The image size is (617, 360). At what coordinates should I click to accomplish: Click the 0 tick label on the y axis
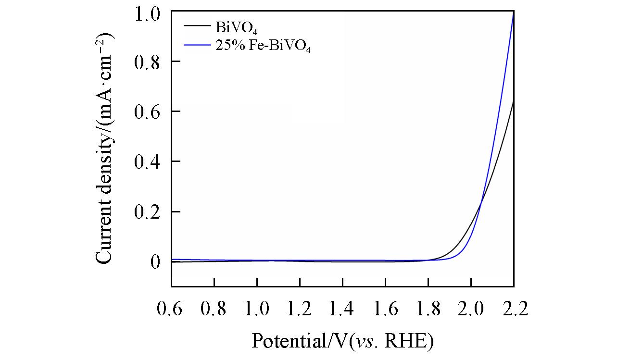click(155, 262)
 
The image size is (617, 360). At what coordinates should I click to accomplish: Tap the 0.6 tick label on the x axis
click(171, 309)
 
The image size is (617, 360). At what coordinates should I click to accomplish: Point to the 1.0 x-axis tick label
click(257, 309)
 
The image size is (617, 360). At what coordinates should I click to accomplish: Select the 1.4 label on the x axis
click(342, 309)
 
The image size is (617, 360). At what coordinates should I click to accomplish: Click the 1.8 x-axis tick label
click(428, 309)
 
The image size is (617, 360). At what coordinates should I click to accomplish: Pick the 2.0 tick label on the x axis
click(471, 309)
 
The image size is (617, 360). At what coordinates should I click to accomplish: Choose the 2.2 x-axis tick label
click(514, 309)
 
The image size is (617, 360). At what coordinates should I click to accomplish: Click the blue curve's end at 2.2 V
click(514, 13)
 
